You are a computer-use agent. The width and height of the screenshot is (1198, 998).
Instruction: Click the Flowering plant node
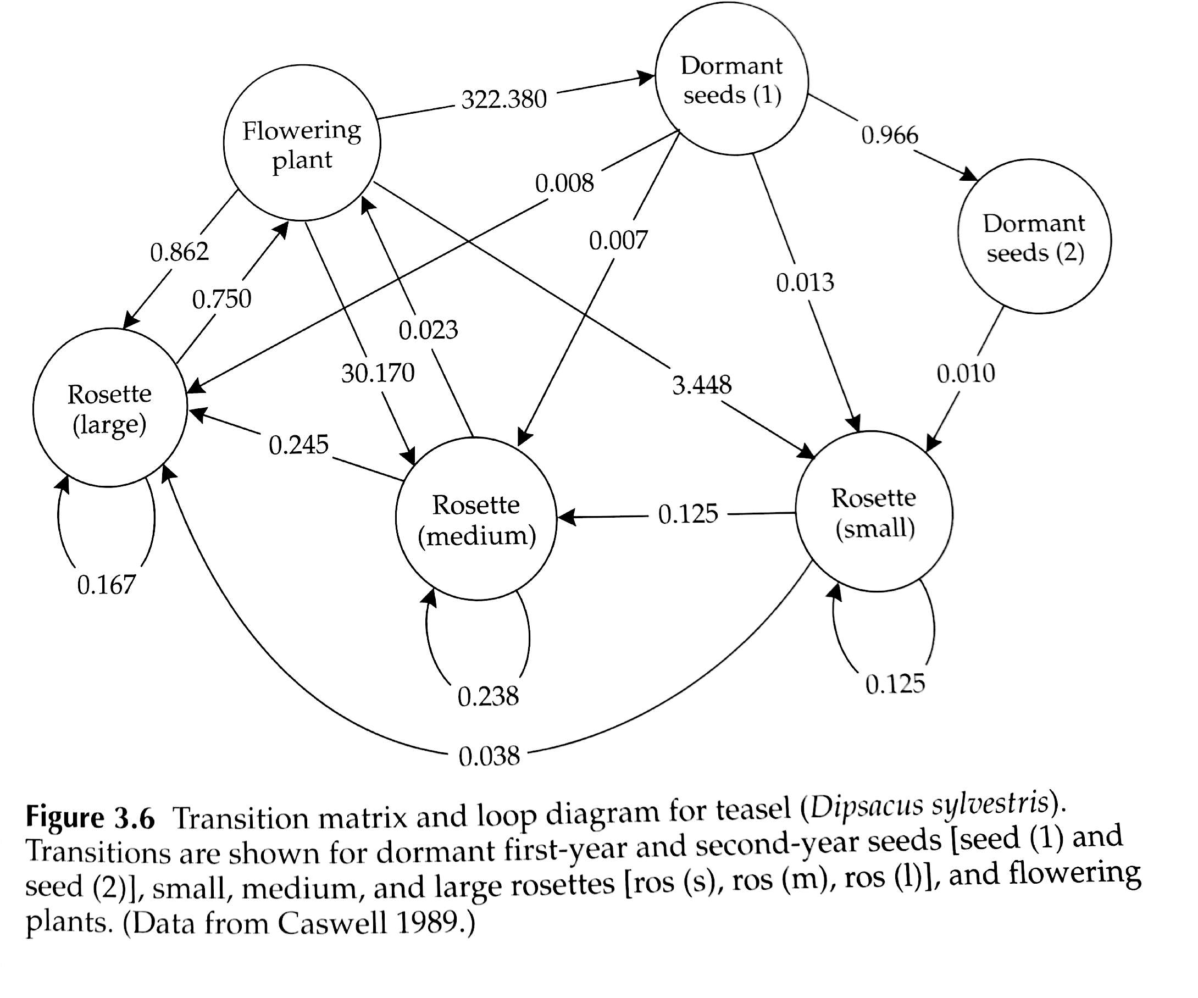click(302, 143)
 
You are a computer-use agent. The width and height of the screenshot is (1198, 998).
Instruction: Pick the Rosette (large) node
click(109, 408)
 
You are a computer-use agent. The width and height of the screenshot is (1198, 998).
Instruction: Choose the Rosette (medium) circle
click(476, 519)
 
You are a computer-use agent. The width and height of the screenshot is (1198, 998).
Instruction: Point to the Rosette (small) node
click(874, 512)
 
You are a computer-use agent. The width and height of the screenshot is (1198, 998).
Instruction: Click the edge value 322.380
click(504, 99)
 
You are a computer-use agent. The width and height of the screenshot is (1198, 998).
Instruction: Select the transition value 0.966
click(889, 135)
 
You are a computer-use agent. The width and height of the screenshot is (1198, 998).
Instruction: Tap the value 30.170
click(378, 373)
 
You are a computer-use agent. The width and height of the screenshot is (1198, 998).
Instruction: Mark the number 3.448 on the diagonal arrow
click(702, 385)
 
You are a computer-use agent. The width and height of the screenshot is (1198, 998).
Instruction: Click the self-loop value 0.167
click(107, 585)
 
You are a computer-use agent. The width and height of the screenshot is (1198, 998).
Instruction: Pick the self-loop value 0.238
click(489, 696)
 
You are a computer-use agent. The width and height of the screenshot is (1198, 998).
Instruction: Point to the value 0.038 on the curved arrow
click(489, 756)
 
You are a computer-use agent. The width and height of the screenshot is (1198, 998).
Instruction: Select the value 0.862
click(179, 252)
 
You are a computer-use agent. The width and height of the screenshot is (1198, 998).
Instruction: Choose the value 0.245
click(298, 445)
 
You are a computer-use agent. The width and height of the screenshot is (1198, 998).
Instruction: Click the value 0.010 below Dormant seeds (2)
click(966, 373)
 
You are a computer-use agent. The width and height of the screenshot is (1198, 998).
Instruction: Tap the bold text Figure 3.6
click(90, 818)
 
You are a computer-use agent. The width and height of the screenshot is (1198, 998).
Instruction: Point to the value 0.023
click(428, 330)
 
